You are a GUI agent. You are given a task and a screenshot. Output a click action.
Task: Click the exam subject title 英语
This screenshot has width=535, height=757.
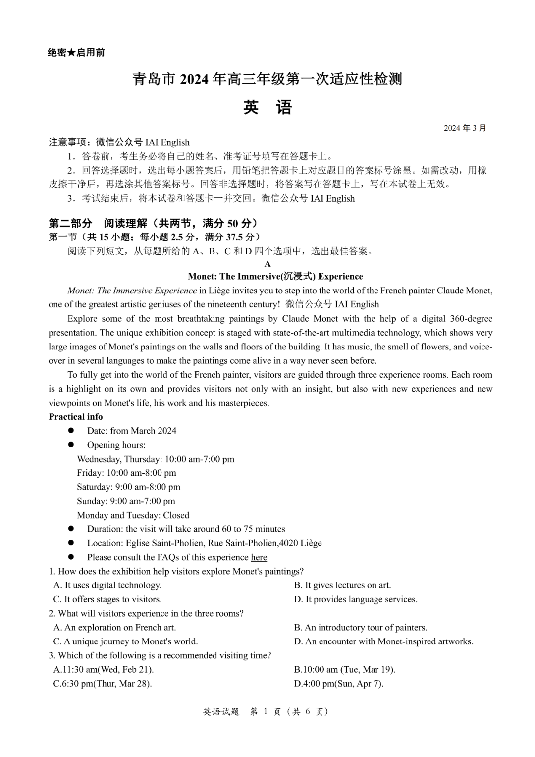(x=267, y=107)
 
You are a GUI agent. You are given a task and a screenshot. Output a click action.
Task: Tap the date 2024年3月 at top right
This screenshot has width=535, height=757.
(x=465, y=128)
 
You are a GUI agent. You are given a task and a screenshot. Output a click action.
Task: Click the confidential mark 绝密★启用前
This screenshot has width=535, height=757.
(x=76, y=53)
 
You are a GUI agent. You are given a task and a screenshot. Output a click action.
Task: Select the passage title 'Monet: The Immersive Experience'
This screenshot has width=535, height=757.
(x=275, y=277)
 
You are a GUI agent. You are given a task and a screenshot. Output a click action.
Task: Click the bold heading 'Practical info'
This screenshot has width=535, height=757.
(x=76, y=417)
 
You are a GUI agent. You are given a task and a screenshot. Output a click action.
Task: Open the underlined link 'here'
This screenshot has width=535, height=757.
(x=259, y=557)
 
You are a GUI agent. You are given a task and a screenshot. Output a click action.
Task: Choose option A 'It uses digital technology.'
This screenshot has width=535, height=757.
(x=107, y=585)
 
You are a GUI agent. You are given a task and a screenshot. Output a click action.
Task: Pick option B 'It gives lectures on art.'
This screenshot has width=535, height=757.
(x=342, y=585)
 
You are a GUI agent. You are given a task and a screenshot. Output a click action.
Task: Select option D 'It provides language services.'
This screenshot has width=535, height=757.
(x=356, y=599)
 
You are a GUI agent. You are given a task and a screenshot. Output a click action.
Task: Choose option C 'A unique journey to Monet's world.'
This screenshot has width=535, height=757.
(x=126, y=641)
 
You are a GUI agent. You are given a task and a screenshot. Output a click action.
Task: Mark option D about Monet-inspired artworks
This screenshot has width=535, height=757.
(x=383, y=641)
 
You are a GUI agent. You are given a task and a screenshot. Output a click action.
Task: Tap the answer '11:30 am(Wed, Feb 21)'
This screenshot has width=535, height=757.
(x=104, y=670)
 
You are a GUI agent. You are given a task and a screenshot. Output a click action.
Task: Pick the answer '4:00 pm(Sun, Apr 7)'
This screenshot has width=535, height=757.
(x=338, y=684)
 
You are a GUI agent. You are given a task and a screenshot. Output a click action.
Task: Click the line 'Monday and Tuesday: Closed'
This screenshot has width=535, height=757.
(x=133, y=515)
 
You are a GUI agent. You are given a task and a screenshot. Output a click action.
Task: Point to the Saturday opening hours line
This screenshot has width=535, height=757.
(x=128, y=487)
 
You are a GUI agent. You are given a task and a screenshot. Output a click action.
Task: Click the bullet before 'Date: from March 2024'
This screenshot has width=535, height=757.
(x=71, y=431)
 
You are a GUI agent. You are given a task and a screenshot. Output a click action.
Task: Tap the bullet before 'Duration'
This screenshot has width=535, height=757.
(x=71, y=529)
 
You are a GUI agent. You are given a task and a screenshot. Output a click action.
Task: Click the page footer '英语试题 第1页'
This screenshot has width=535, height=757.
(x=266, y=712)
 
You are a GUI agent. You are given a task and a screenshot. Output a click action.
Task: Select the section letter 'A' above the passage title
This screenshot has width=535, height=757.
(x=267, y=264)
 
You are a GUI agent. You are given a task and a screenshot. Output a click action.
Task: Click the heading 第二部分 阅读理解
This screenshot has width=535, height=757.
(x=153, y=223)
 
